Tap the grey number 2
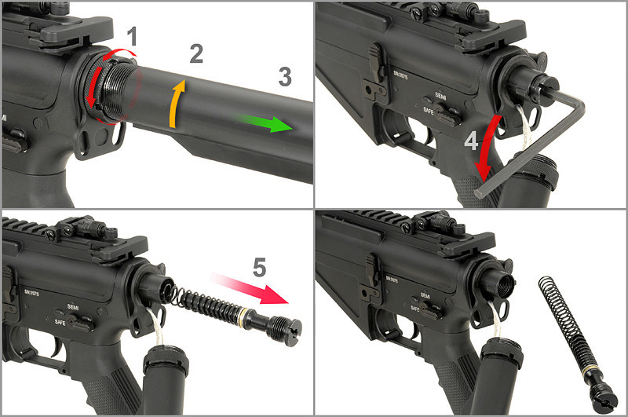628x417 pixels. (x=196, y=53)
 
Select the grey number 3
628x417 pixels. (x=284, y=76)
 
